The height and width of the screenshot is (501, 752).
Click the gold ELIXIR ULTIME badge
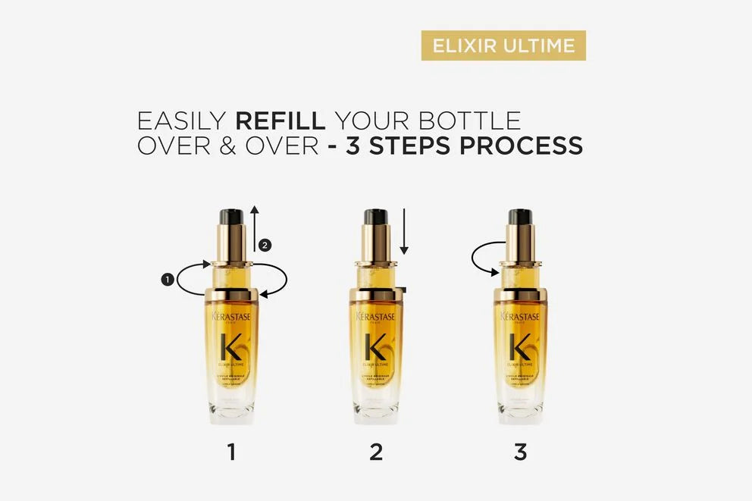[x=503, y=45]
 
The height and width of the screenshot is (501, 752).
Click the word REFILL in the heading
[x=280, y=121]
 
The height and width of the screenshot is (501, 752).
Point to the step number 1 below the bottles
[x=231, y=452]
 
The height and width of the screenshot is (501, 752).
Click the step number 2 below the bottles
[x=376, y=452]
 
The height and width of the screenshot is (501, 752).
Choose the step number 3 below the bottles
[x=520, y=452]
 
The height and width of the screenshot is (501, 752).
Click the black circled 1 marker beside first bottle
[x=167, y=280]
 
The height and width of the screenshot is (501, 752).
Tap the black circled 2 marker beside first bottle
[x=264, y=245]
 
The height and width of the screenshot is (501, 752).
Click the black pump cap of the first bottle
[x=231, y=216]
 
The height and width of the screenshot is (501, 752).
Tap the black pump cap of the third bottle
[x=520, y=216]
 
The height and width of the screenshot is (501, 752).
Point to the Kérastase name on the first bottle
[x=231, y=316]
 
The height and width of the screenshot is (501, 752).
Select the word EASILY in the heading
[x=181, y=121]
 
